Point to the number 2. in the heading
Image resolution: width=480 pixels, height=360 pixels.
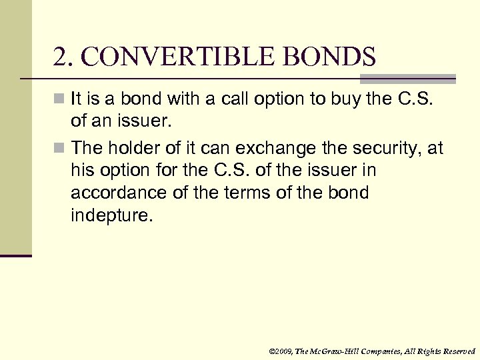pyautogui.click(x=63, y=58)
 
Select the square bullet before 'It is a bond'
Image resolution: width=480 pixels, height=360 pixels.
pyautogui.click(x=60, y=100)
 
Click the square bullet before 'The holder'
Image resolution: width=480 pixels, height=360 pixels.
pyautogui.click(x=60, y=148)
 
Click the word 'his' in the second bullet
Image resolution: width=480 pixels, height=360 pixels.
pyautogui.click(x=83, y=171)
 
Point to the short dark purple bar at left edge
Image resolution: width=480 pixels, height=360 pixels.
pyautogui.click(x=15, y=255)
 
